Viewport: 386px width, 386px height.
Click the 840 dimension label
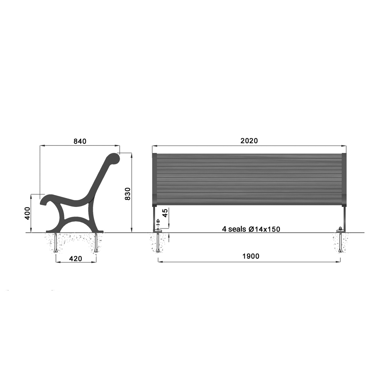click(80, 141)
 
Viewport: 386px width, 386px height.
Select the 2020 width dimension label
click(249, 141)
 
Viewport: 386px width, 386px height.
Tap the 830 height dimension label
click(127, 194)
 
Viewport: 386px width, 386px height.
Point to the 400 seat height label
click(27, 213)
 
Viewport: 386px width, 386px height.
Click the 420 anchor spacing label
click(76, 259)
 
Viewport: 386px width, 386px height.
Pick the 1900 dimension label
click(251, 256)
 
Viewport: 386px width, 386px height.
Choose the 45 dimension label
click(165, 213)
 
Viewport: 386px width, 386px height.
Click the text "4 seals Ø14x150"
click(251, 229)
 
